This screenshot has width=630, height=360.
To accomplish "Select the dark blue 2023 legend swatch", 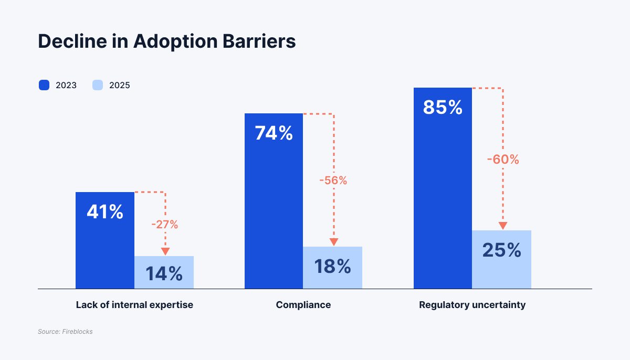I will (x=44, y=85).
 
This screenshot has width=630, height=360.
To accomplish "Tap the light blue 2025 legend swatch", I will (x=98, y=85).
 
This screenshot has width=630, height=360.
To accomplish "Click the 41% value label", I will (x=105, y=212).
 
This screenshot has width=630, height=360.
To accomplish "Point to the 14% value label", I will (x=164, y=273).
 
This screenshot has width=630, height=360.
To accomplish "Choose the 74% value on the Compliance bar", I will (x=274, y=133).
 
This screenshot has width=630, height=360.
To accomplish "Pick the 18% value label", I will (x=332, y=267).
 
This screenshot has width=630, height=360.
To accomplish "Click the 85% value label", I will (x=443, y=108).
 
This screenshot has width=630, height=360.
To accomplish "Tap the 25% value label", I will (x=501, y=250).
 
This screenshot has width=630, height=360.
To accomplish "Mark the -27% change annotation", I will (x=165, y=225).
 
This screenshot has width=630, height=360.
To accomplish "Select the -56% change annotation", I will (x=333, y=181).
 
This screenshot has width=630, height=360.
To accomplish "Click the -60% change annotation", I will (x=502, y=160).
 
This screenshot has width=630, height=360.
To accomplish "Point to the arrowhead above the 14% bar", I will (x=165, y=251).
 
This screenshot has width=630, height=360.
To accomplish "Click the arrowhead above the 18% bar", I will (x=334, y=242).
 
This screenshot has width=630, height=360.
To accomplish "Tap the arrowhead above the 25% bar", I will (x=503, y=226).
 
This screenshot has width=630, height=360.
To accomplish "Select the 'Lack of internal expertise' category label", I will (x=134, y=304).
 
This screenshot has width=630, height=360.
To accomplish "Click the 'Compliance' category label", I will (x=303, y=304).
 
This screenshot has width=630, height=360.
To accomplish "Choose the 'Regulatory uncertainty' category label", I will (x=472, y=304).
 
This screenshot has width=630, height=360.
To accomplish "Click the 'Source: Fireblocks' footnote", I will (x=65, y=332).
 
